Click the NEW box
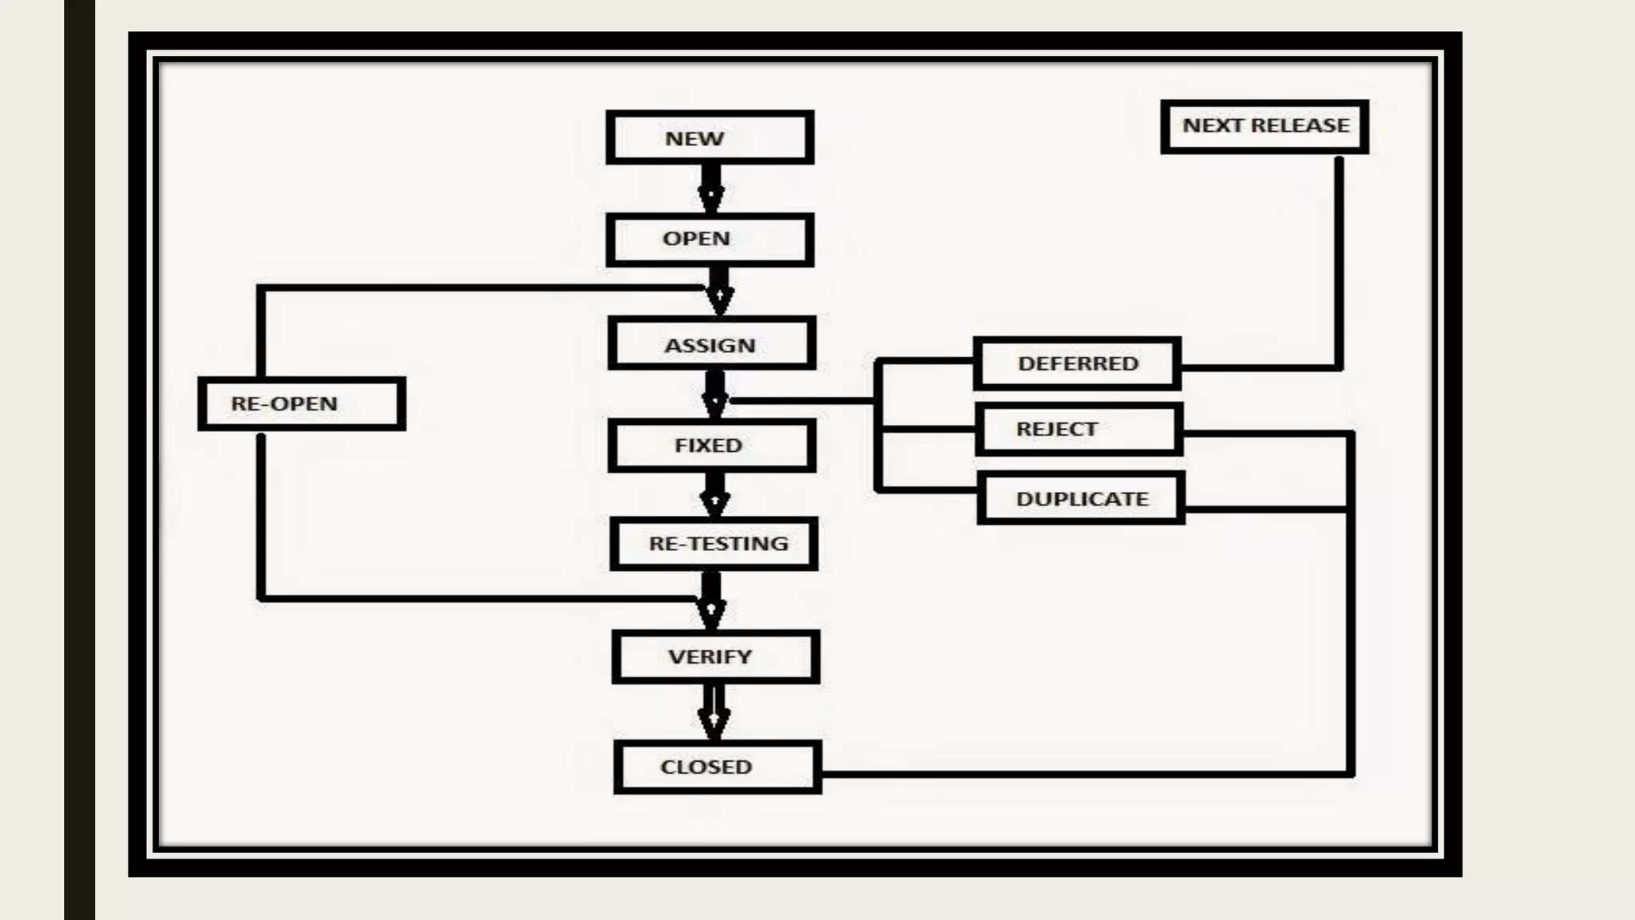pos(710,138)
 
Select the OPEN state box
pos(710,239)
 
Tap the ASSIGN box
pos(711,344)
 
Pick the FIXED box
pos(711,445)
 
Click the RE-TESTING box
pos(714,544)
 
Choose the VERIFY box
pos(715,656)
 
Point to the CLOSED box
pos(717,767)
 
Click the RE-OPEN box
pos(301,403)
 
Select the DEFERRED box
pos(1077,363)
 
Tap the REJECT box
pos(1079,430)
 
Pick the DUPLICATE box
pos(1081,498)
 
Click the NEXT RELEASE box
pos(1265,126)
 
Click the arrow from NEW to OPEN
pos(711,188)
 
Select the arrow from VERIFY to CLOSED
pos(714,712)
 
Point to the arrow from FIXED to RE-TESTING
pos(715,494)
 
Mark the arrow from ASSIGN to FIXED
pos(715,393)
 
